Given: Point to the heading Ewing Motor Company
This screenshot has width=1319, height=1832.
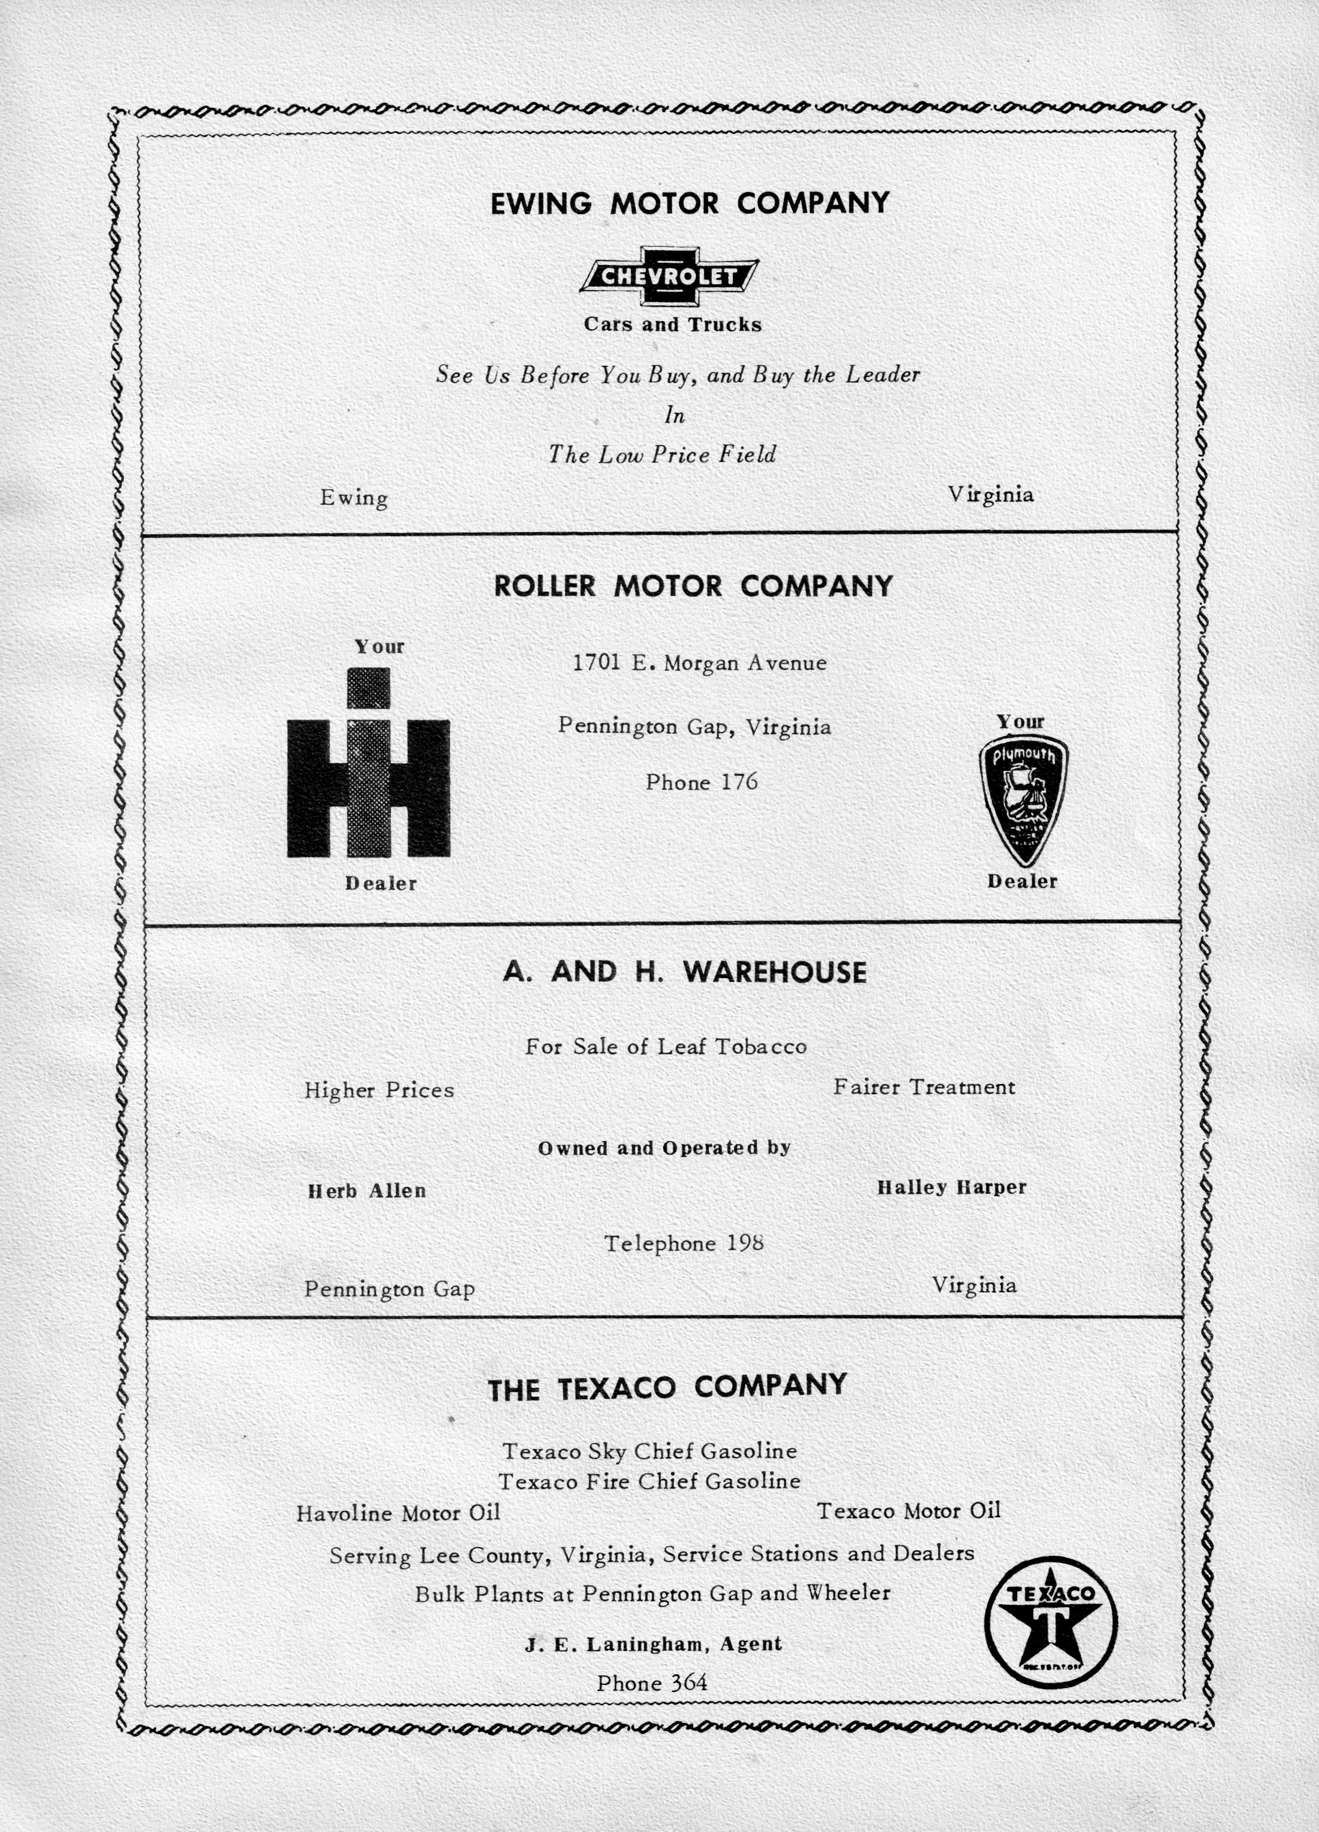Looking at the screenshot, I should [690, 203].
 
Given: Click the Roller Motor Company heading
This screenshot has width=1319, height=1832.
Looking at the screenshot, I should [693, 585].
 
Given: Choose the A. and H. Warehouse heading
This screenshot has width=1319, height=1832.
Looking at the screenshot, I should [684, 971].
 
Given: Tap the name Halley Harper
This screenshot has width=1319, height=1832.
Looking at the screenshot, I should [951, 1187].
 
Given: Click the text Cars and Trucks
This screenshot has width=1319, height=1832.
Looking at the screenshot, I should [673, 325].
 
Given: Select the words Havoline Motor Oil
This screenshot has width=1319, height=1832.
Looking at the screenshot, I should [398, 1513].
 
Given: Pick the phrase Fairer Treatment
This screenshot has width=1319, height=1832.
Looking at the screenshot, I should [924, 1087].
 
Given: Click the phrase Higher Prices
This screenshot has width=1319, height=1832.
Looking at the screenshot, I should [379, 1091].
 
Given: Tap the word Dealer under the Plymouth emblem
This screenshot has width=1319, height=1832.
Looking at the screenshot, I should [1022, 881].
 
